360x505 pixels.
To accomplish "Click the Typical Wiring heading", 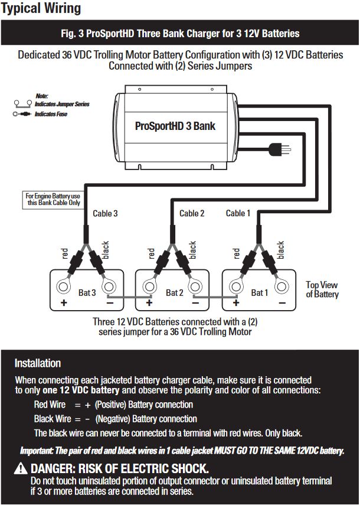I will pos(41,9).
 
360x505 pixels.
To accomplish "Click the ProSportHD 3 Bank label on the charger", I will pos(175,126).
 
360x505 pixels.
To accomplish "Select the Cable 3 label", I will pos(105,213).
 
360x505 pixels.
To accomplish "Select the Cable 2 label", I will pos(192,213).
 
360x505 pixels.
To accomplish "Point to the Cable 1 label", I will pos(238,213).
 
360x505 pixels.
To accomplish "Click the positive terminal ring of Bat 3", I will pos(64,287).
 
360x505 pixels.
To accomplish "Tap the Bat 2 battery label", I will pos(175,292).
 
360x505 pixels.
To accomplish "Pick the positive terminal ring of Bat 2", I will pos(150,287).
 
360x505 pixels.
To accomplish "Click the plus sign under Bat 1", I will pos(236,303).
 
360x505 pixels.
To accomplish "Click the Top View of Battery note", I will pos(322,289).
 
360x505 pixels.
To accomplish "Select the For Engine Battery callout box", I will pos(54,199).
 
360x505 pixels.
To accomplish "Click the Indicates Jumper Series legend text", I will pos(62,104).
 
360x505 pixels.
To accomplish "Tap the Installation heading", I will pos(38,363).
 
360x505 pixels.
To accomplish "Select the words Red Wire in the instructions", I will pos(50,405).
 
